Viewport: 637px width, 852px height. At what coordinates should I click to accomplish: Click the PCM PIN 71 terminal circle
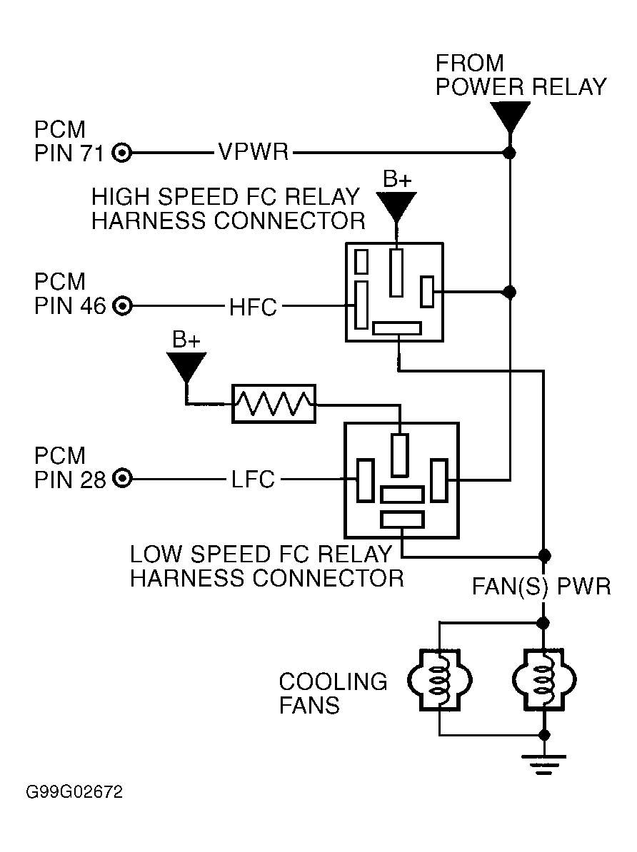coord(122,153)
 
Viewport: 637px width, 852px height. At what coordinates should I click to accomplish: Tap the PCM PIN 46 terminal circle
coord(122,306)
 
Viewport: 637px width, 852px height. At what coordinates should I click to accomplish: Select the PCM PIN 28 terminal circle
coord(122,480)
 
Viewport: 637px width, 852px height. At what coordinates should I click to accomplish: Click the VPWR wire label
coord(253,153)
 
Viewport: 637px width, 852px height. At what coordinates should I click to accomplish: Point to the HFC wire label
coord(253,307)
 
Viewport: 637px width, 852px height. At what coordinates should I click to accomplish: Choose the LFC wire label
coord(253,480)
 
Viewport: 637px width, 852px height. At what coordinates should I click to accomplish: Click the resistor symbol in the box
coord(274,404)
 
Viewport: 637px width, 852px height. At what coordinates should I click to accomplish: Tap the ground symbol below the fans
coord(543,764)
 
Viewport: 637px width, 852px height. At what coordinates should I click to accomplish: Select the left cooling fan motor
coord(439,679)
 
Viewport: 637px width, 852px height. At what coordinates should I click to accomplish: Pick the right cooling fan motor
coord(544,679)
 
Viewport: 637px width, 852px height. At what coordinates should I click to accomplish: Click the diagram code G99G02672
coord(74,791)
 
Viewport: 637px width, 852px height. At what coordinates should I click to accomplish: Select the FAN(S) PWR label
coord(541,587)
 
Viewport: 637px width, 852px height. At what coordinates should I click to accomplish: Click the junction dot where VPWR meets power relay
coord(510,153)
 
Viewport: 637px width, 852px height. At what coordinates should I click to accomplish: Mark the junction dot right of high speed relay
coord(510,293)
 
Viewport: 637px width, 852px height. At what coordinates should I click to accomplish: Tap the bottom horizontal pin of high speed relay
coord(397,328)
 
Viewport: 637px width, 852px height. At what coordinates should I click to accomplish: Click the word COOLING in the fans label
coord(333,681)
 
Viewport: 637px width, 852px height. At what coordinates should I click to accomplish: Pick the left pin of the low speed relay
coord(366,480)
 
